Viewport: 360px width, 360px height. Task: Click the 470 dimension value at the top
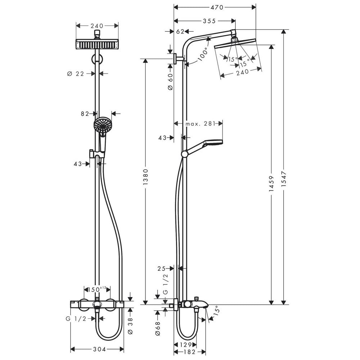217,7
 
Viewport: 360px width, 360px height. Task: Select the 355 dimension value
209,21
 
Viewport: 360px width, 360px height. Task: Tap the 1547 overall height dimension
284,179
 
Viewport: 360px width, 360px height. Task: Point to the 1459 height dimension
271,184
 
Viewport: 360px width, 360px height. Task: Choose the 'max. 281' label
201,124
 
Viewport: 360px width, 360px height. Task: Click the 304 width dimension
99,349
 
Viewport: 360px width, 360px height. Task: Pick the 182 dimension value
190,352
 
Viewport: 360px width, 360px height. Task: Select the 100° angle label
202,54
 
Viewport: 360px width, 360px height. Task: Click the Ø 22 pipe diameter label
76,74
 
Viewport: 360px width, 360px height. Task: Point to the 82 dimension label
85,114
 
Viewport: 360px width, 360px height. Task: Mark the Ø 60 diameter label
170,81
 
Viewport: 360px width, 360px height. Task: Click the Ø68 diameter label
158,329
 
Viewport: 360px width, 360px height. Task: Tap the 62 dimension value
180,31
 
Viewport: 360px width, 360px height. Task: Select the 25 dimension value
161,269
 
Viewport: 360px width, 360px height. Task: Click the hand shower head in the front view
103,125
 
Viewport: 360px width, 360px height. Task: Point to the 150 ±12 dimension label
97,289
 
